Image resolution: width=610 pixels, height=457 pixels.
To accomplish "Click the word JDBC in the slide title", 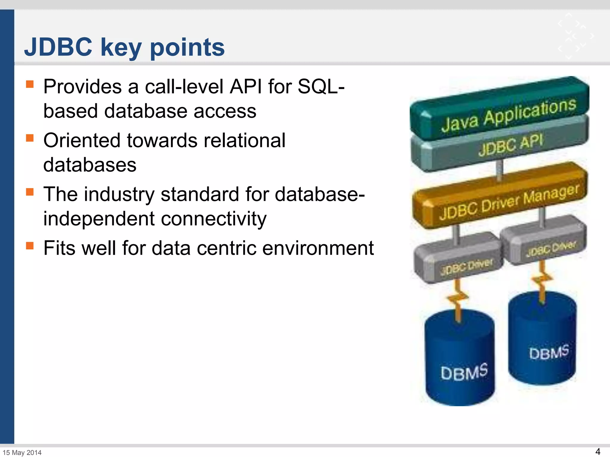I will pos(58,47).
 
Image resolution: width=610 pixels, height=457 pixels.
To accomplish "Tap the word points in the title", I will pos(187,48).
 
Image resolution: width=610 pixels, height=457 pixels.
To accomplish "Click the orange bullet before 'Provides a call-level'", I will pos(30,84).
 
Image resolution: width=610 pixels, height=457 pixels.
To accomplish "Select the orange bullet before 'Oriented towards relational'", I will pos(30,138).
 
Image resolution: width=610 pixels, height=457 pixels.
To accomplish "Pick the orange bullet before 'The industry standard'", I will pos(30,192).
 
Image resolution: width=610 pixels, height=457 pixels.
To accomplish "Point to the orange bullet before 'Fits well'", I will pos(30,246).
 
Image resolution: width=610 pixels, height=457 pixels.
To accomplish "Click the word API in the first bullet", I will pos(246,87).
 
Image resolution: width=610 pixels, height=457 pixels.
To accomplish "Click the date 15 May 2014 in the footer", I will pos(22,453).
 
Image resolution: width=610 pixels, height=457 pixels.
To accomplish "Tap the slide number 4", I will pos(597,452).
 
